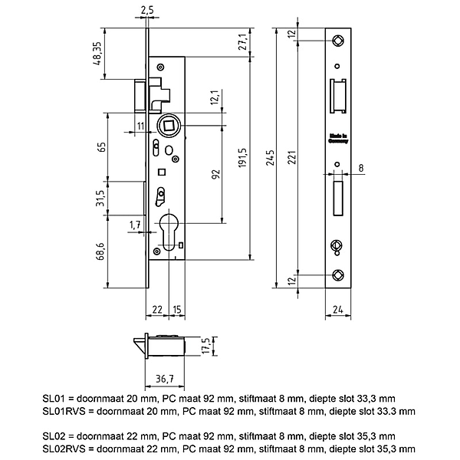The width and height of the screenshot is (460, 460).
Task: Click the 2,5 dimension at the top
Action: click(x=148, y=11)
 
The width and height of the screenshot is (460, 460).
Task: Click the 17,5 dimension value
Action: click(x=205, y=346)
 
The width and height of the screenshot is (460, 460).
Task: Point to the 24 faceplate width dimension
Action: click(x=337, y=310)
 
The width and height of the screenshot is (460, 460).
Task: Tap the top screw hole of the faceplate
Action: click(x=338, y=40)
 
